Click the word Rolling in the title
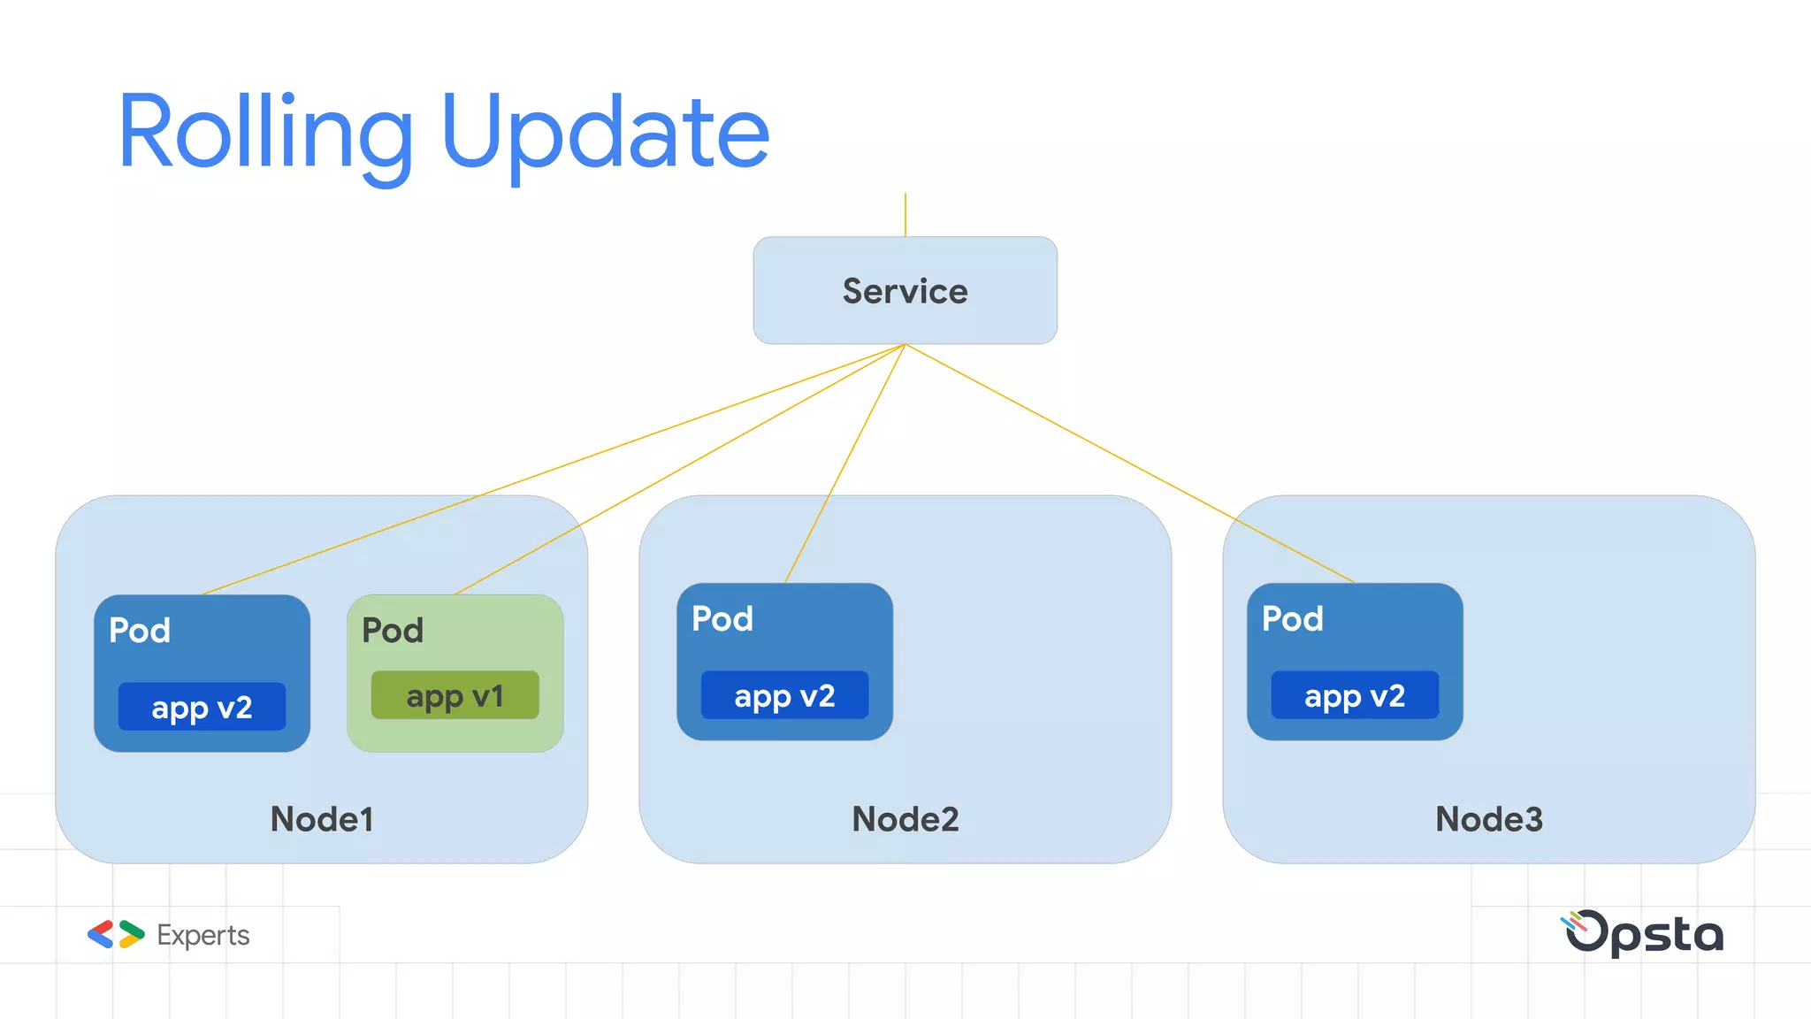(265, 133)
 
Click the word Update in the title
(606, 133)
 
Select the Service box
(905, 290)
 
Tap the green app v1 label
(455, 695)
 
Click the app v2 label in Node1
(202, 707)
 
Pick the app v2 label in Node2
(784, 695)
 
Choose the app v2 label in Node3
(1355, 695)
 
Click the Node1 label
(322, 819)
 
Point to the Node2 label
(905, 819)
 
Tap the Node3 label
(1488, 819)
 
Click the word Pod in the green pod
(393, 631)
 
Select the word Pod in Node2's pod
(722, 619)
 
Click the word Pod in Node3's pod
(1292, 619)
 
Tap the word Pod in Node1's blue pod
(140, 631)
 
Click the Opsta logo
(1644, 933)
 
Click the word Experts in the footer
(202, 935)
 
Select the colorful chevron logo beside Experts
(116, 934)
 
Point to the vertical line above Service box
(905, 215)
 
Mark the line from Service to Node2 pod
(844, 464)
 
